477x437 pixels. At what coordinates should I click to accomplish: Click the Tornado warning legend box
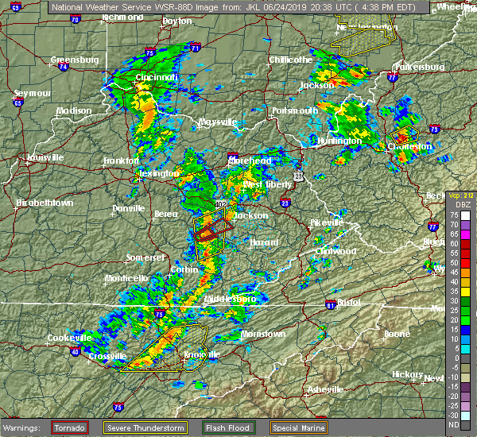click(70, 427)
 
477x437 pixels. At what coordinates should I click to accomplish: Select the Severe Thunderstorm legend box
click(149, 427)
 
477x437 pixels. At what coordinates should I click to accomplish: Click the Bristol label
click(347, 303)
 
